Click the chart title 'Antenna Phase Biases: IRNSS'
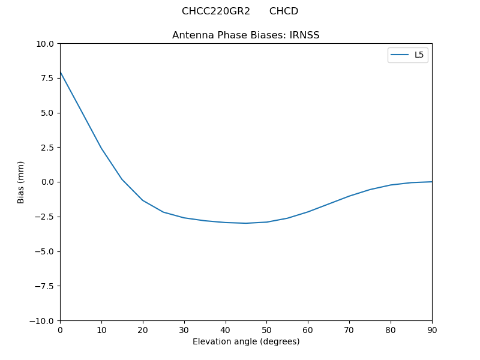[245, 35]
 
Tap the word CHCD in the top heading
[284, 11]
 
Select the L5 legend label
[419, 55]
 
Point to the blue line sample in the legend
[400, 55]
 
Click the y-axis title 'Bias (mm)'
[21, 182]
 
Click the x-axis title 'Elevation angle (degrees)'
[246, 342]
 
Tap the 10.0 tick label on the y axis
[46, 44]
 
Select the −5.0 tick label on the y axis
[45, 251]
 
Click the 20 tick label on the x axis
[143, 329]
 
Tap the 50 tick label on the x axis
[266, 329]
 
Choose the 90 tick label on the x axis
[432, 329]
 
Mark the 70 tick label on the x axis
[349, 329]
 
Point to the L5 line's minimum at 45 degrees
[246, 223]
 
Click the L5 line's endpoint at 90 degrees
[431, 182]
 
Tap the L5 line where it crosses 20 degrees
[143, 200]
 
